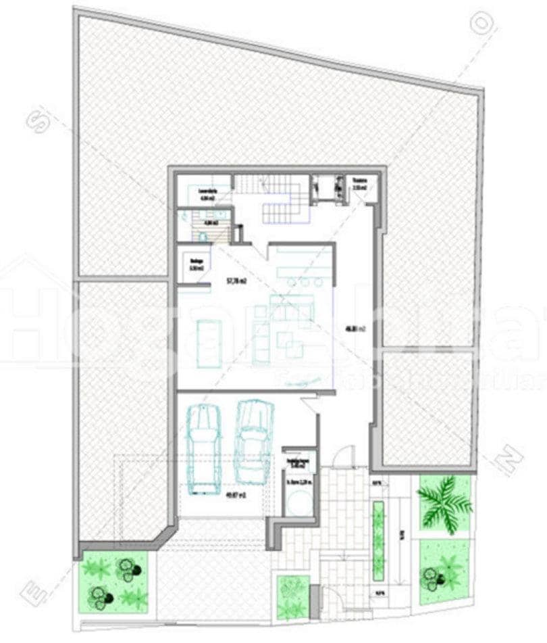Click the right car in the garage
[253, 441]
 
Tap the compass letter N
[508, 460]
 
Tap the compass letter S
[38, 122]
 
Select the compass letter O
[482, 24]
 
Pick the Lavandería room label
[206, 195]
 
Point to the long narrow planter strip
[378, 540]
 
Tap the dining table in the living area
[209, 343]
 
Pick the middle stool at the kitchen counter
[303, 282]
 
